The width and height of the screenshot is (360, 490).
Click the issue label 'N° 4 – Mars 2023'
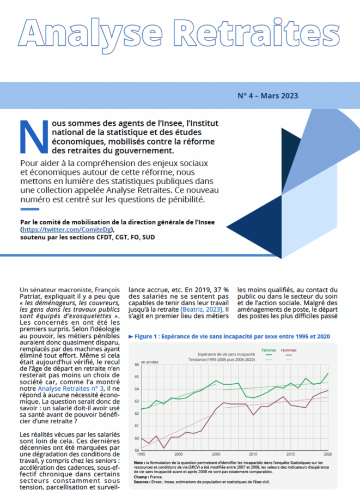(x=267, y=96)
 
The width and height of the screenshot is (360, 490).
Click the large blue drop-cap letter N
(x=31, y=136)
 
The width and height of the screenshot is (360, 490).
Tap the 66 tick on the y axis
(x=137, y=364)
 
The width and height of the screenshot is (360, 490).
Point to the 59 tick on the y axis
(x=137, y=450)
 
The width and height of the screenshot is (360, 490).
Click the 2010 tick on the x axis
(x=253, y=454)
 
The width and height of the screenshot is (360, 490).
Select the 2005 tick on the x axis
(x=216, y=454)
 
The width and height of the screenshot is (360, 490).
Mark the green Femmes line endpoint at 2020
(x=328, y=373)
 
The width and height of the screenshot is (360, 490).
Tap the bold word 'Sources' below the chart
(x=142, y=481)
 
